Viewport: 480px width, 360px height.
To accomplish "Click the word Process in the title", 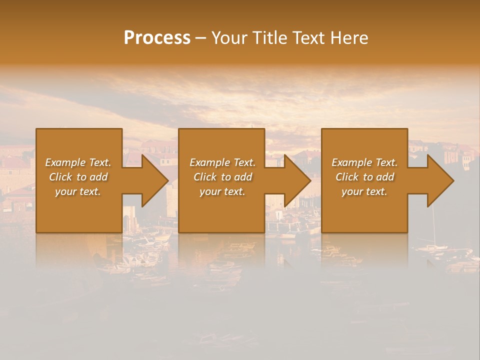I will (x=157, y=38).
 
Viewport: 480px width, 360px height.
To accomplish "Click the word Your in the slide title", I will (x=229, y=38).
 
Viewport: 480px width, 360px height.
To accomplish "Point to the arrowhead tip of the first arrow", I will (x=167, y=180).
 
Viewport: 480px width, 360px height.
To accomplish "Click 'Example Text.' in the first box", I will (x=78, y=162).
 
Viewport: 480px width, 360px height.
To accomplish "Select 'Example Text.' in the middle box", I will (x=222, y=162).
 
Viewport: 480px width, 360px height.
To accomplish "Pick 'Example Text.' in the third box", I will (x=364, y=162).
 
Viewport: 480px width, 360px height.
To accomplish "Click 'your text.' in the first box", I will (x=78, y=191).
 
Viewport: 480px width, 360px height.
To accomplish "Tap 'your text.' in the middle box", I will (x=222, y=191).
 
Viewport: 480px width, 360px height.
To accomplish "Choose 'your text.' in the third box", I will (x=364, y=191).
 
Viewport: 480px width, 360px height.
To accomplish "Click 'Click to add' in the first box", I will (x=78, y=177).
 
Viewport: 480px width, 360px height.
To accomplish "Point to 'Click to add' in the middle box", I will (x=222, y=177).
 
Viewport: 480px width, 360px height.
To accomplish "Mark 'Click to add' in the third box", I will (x=364, y=177).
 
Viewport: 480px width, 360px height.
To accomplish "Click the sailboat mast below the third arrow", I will (x=433, y=225).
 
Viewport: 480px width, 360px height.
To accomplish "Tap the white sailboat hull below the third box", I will (x=433, y=247).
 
